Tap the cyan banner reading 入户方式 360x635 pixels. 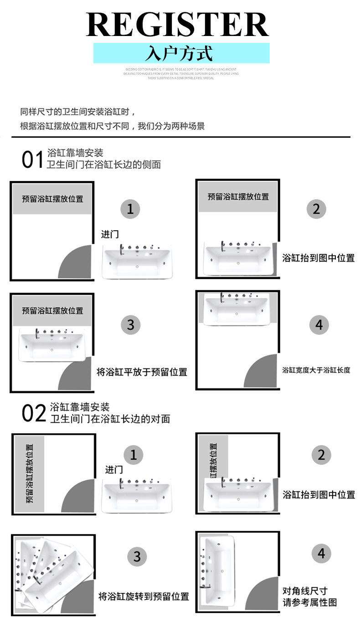[x=181, y=53]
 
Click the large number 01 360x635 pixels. [x=32, y=160]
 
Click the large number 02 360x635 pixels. [x=34, y=413]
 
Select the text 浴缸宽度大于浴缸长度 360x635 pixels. [x=316, y=370]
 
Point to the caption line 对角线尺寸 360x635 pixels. [x=305, y=591]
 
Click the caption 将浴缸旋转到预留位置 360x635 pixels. [x=144, y=596]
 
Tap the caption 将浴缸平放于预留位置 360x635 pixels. [x=142, y=372]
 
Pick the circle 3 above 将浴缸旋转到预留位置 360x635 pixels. [x=137, y=557]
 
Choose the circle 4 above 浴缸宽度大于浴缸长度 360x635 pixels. [x=319, y=325]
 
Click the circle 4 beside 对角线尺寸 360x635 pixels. [x=321, y=554]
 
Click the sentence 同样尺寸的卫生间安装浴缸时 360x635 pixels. [x=78, y=112]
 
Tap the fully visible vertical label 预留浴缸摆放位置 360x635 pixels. [x=30, y=474]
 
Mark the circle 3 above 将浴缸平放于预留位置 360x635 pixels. [x=130, y=325]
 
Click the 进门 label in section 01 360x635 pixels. [x=109, y=234]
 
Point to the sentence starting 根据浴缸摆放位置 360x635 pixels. [x=112, y=126]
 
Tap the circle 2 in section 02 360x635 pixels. [x=321, y=455]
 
